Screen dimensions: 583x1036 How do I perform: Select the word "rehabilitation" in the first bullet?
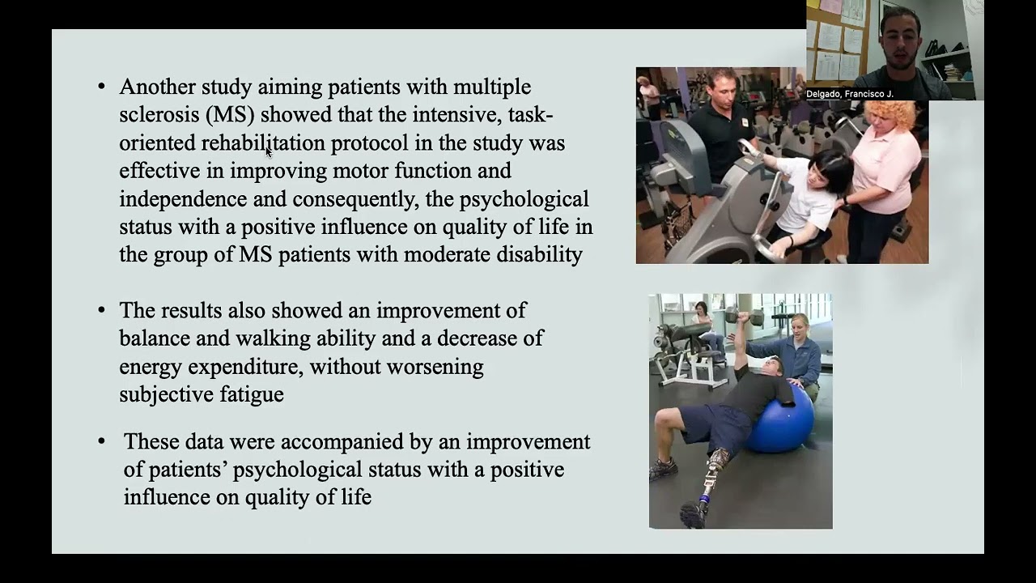click(x=263, y=143)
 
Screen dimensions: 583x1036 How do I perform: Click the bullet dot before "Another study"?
click(x=101, y=87)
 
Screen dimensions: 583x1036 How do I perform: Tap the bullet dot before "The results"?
click(x=101, y=311)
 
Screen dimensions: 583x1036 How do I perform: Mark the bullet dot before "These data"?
click(x=101, y=442)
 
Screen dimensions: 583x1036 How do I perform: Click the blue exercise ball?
click(x=781, y=421)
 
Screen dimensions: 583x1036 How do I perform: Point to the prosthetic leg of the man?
click(x=712, y=478)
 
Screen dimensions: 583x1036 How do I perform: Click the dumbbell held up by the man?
click(x=743, y=316)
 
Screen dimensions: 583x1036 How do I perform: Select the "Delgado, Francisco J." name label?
click(x=849, y=94)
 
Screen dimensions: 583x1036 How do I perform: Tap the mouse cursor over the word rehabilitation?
click(x=269, y=151)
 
